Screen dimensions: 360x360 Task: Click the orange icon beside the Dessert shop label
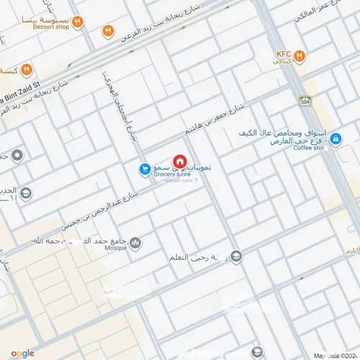click(77, 22)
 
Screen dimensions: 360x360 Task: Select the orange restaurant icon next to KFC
click(300, 56)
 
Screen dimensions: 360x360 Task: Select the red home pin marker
click(181, 161)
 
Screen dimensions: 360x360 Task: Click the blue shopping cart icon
click(144, 168)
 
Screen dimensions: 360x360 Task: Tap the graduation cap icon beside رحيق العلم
click(237, 256)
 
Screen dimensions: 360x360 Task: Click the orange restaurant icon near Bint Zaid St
click(26, 70)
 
